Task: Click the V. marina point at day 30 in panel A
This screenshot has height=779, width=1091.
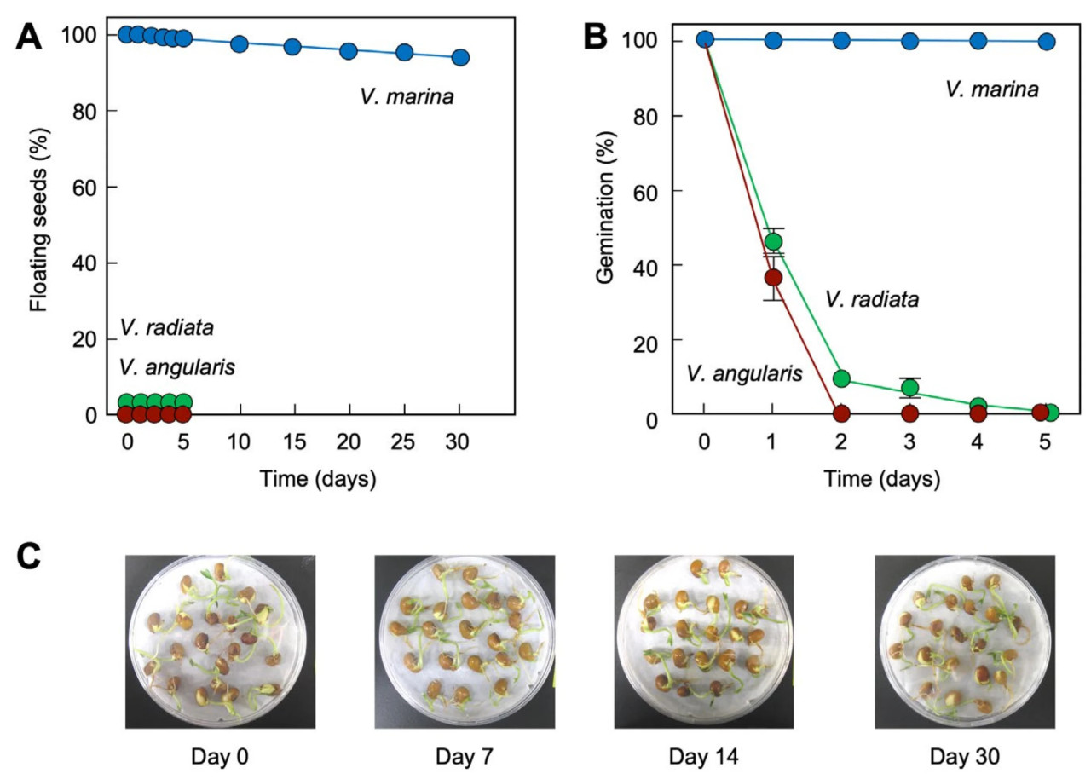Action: tap(460, 57)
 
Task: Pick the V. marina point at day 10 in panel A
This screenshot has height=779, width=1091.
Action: tap(240, 43)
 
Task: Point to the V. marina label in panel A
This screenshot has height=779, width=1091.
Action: tap(407, 97)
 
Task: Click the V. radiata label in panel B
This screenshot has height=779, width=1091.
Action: tap(873, 300)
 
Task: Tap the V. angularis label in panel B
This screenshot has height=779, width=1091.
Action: tap(744, 373)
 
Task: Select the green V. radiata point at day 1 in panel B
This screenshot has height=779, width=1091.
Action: tap(773, 242)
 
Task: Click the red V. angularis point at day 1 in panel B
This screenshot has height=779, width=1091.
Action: tap(773, 278)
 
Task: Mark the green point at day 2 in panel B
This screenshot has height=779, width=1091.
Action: tap(841, 378)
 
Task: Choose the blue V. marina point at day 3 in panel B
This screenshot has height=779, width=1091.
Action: tap(909, 40)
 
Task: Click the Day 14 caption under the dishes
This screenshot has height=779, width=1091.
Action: tap(703, 757)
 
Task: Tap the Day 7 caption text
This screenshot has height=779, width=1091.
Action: tap(464, 757)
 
